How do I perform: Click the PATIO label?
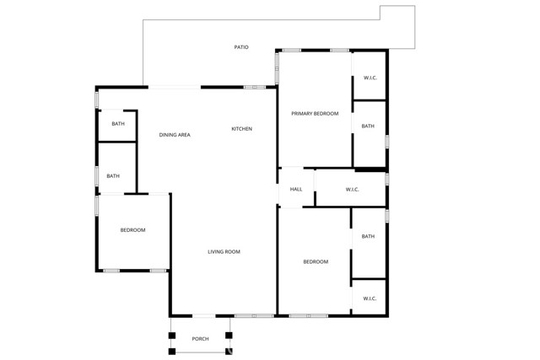pyautogui.click(x=241, y=47)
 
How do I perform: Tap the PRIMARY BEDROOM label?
pyautogui.click(x=315, y=114)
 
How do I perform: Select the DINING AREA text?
pyautogui.click(x=175, y=135)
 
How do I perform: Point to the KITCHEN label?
pyautogui.click(x=242, y=129)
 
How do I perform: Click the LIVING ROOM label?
pyautogui.click(x=224, y=252)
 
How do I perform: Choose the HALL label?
pyautogui.click(x=296, y=190)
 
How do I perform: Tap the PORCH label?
pyautogui.click(x=200, y=339)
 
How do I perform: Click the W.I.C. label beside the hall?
pyautogui.click(x=353, y=190)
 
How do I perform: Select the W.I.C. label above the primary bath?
pyautogui.click(x=370, y=78)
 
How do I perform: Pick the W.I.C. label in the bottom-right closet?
pyautogui.click(x=370, y=298)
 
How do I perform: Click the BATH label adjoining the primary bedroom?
pyautogui.click(x=368, y=126)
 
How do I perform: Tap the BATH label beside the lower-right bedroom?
pyautogui.click(x=368, y=237)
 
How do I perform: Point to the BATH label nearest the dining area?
pyautogui.click(x=118, y=125)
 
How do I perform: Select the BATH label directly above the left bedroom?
pyautogui.click(x=113, y=176)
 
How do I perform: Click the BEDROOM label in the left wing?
pyautogui.click(x=132, y=231)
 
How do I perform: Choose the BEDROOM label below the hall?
pyautogui.click(x=316, y=262)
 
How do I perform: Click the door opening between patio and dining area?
pyautogui.click(x=175, y=86)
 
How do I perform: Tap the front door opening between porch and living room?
pyautogui.click(x=204, y=316)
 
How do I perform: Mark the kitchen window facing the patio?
pyautogui.click(x=255, y=87)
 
